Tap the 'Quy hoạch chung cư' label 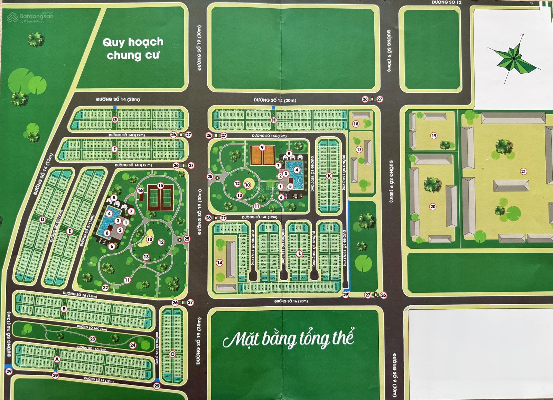(x=133, y=48)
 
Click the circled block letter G (x=115, y=120)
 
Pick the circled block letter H (x=274, y=120)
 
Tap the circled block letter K (x=329, y=176)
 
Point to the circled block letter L (x=299, y=254)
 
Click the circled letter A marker (x=57, y=359)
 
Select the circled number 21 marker (x=523, y=171)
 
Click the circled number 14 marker (x=219, y=263)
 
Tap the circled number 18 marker (x=355, y=124)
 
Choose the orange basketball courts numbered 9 (x=262, y=154)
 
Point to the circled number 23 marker (x=92, y=339)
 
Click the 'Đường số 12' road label (x=446, y=2)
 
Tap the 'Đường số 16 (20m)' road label (x=291, y=301)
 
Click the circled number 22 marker (x=105, y=288)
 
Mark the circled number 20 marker (x=433, y=207)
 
